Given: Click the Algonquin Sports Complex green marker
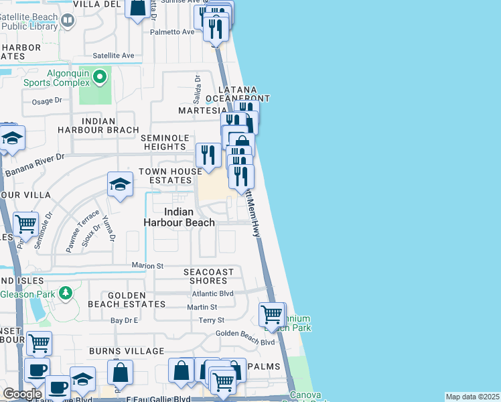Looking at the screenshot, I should (x=100, y=77).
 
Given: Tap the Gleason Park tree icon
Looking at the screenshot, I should (x=65, y=293).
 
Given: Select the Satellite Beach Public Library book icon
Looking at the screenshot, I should (x=68, y=21).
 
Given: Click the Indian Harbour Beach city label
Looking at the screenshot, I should (x=180, y=217).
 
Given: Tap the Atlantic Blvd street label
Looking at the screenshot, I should (x=212, y=293).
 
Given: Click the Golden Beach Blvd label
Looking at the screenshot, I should (x=245, y=342).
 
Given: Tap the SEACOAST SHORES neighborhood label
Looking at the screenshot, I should (x=209, y=276).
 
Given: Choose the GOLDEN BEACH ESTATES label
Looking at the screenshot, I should (x=127, y=299).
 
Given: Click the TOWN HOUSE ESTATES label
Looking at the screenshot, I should (x=170, y=176).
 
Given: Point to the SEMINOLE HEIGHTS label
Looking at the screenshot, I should (x=163, y=142).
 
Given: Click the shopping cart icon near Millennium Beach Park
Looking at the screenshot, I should (x=271, y=314).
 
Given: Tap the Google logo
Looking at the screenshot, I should (x=22, y=394).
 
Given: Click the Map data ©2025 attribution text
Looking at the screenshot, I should (x=472, y=397).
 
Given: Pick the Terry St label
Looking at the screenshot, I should (x=211, y=321).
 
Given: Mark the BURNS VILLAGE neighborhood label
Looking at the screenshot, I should (x=115, y=350).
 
